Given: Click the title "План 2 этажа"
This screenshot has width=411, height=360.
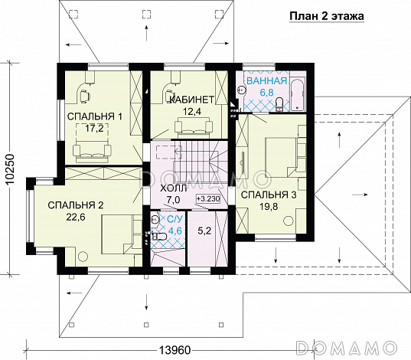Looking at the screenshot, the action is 327,16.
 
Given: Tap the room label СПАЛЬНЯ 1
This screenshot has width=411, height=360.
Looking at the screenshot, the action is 95,116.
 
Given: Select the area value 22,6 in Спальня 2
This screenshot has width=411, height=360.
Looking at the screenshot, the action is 76,218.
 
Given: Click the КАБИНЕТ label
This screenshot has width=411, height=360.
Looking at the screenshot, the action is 192,100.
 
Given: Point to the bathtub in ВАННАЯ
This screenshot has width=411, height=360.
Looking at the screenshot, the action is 298,93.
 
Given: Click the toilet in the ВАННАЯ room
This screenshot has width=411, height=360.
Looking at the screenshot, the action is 279,104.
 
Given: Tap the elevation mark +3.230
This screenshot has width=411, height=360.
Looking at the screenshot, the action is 208,199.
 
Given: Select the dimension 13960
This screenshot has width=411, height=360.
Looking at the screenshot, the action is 175,350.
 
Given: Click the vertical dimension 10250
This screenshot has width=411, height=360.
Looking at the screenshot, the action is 10,169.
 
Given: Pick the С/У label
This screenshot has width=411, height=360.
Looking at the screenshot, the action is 173,218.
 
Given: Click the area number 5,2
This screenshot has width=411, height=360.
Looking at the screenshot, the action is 204,231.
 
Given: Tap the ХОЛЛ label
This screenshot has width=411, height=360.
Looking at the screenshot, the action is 173,188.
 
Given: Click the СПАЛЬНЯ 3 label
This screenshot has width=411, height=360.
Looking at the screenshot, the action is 269,195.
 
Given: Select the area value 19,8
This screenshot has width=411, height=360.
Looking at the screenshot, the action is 269,207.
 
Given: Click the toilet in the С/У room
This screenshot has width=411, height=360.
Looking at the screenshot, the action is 159,236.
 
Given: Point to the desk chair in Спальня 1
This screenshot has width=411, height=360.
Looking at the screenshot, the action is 85,95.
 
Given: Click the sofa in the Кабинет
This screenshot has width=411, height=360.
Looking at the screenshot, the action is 194,126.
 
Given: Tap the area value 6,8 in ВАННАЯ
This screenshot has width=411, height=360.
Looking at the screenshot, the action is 267,93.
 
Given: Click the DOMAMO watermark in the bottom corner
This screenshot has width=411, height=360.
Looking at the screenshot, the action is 346,348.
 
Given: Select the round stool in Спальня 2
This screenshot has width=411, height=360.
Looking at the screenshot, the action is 83,256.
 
